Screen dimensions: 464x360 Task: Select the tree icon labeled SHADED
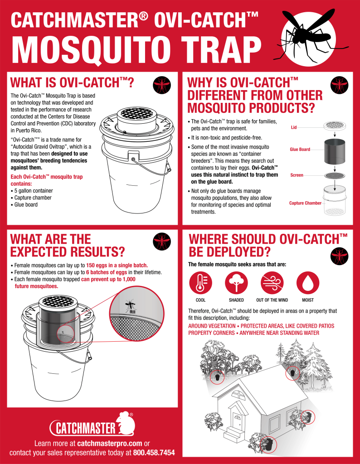[x=236, y=283]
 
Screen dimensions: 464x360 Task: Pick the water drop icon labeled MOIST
[x=308, y=283]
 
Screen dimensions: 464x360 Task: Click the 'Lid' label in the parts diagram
[x=294, y=127]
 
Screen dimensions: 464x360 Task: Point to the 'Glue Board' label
[x=300, y=149]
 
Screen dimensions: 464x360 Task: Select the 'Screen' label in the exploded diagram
[x=297, y=175]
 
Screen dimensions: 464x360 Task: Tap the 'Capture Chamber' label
[x=305, y=203]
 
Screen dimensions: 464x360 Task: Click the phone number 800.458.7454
[x=155, y=452]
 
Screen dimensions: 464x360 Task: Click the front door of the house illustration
[x=237, y=416]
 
